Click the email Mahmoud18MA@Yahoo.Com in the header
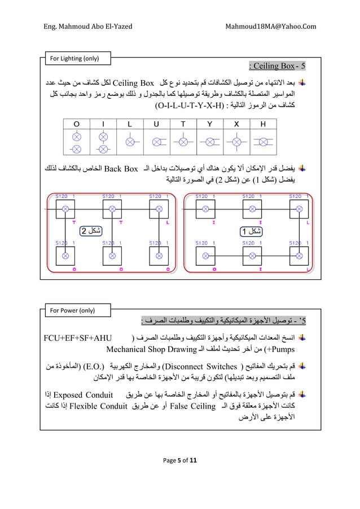271,27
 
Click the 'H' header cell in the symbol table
264,124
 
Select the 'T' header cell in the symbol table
183,124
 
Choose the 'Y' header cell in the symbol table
210,124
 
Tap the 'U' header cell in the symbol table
156,124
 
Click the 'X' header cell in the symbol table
236,124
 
